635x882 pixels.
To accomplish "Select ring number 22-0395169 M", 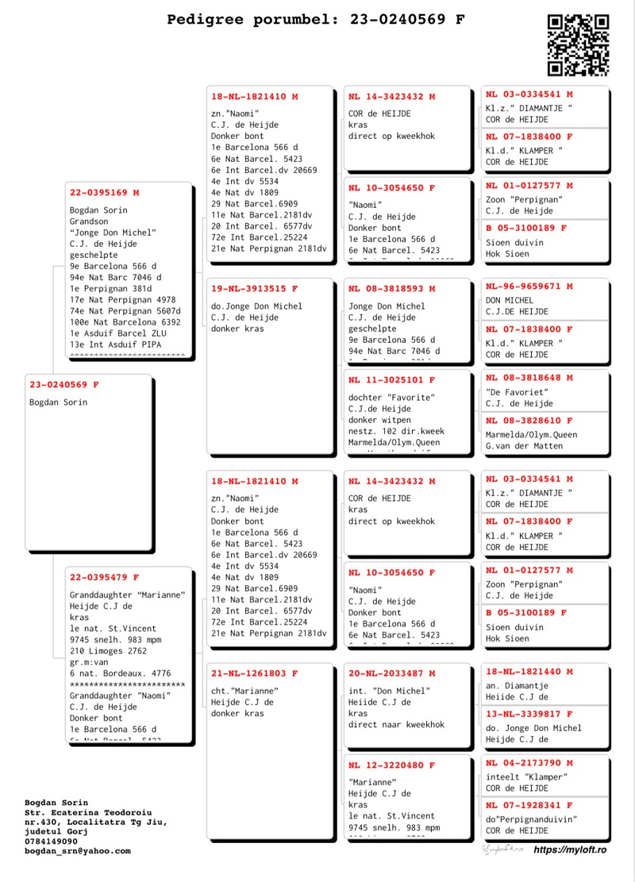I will pyautogui.click(x=105, y=192).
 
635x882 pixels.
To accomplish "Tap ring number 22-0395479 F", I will pyautogui.click(x=105, y=577).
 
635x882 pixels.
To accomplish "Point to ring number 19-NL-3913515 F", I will pyautogui.click(x=255, y=289).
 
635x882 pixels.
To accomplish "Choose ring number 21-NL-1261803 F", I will pyautogui.click(x=255, y=673).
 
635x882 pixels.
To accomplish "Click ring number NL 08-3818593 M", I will pyautogui.click(x=392, y=289).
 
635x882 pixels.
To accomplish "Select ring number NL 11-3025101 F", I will pyautogui.click(x=392, y=380).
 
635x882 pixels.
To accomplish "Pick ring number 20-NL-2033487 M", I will pyautogui.click(x=392, y=673).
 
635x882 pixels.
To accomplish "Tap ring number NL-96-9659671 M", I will pyautogui.click(x=529, y=287).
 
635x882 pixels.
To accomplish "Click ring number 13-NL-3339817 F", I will pyautogui.click(x=529, y=714).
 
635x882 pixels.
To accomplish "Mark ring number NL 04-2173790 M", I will pyautogui.click(x=529, y=763).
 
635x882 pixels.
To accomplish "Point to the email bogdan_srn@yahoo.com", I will pyautogui.click(x=77, y=851).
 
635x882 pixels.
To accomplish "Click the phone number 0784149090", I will pyautogui.click(x=52, y=842).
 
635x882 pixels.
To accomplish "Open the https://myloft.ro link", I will pyautogui.click(x=570, y=849).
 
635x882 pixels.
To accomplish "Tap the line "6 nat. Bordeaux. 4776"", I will pyautogui.click(x=120, y=673).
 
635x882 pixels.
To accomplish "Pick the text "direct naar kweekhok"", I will pyautogui.click(x=397, y=725).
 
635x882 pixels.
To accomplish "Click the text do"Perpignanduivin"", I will pyautogui.click(x=531, y=818).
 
